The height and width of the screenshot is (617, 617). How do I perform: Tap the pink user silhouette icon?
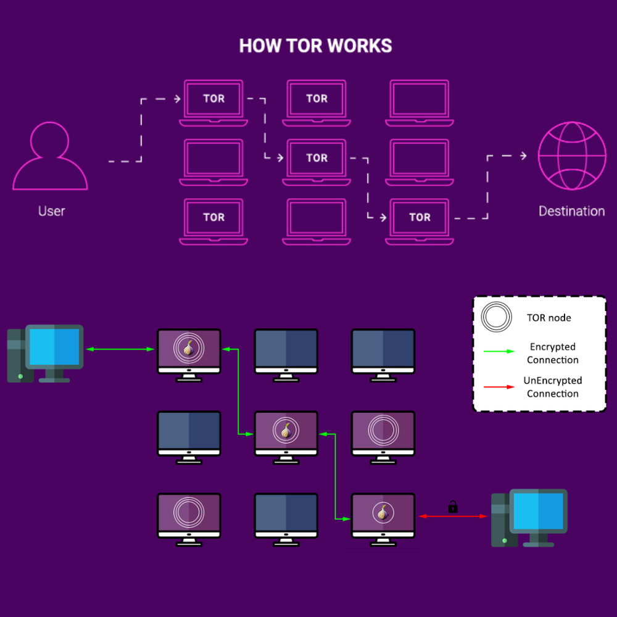51,157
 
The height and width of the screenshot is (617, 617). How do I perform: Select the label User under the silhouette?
51,211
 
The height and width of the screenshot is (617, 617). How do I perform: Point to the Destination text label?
571,211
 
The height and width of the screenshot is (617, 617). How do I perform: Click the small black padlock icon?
452,507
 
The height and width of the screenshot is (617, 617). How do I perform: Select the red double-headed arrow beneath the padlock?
453,516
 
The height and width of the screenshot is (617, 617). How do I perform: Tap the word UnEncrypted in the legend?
552,381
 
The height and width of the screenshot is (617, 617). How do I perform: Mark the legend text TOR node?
549,318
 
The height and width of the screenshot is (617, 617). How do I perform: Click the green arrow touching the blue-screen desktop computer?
120,350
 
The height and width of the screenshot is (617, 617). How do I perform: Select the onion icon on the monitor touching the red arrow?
383,512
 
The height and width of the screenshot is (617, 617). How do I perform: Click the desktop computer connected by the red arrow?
529,518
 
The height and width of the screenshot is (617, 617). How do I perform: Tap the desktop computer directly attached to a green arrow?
46,353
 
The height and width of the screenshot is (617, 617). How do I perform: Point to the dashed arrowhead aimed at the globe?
523,156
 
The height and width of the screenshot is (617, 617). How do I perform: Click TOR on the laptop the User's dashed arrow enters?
213,99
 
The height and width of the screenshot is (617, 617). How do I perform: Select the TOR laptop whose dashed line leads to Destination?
420,218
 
